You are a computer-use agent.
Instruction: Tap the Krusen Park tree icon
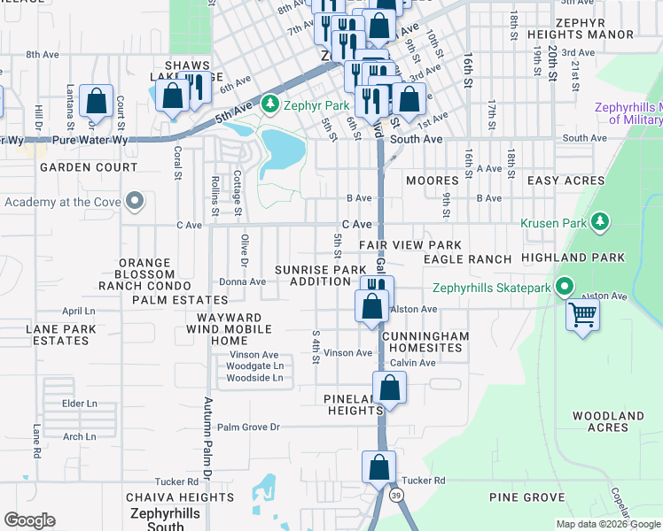(x=601, y=219)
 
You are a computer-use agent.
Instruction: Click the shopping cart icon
(x=582, y=314)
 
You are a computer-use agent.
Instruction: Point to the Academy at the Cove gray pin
(x=135, y=202)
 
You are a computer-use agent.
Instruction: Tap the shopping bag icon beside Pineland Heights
(x=389, y=388)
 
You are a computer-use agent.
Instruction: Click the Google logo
(x=29, y=520)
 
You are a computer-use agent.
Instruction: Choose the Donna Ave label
(x=243, y=281)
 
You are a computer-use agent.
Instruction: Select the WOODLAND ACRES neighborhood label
(x=608, y=421)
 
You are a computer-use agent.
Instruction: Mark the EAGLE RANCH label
(x=467, y=259)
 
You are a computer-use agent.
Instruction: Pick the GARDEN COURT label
(x=87, y=166)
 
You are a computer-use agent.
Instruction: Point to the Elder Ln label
(x=79, y=404)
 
